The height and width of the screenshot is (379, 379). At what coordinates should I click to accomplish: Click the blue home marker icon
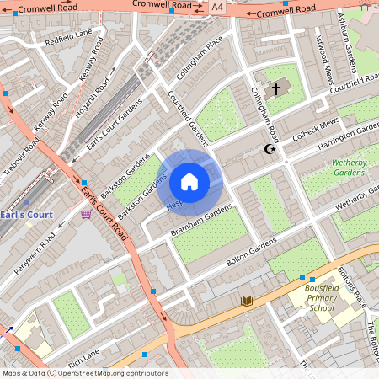(x=189, y=182)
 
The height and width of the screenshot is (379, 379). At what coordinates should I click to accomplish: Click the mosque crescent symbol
(x=270, y=149)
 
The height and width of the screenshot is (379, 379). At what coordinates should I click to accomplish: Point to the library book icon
(x=247, y=301)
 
